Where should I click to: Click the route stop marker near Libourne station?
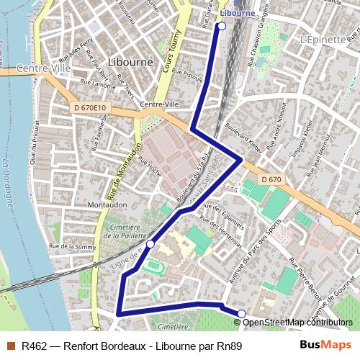[x=221, y=26]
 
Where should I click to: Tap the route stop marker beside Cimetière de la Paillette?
[x=150, y=245]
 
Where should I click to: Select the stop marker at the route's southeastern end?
[x=242, y=313]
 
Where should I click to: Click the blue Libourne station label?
[x=238, y=13]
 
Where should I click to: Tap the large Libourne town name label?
[x=130, y=62]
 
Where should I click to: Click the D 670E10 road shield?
[x=90, y=108]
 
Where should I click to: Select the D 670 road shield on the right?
[x=271, y=179]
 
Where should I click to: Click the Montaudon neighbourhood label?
[x=107, y=205]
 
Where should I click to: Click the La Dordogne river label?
[x=8, y=184]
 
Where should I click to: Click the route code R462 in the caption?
[x=34, y=346]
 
